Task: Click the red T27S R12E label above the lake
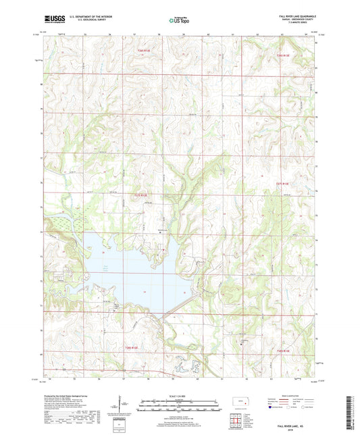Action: [138, 196]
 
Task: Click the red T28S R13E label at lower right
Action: [282, 351]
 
